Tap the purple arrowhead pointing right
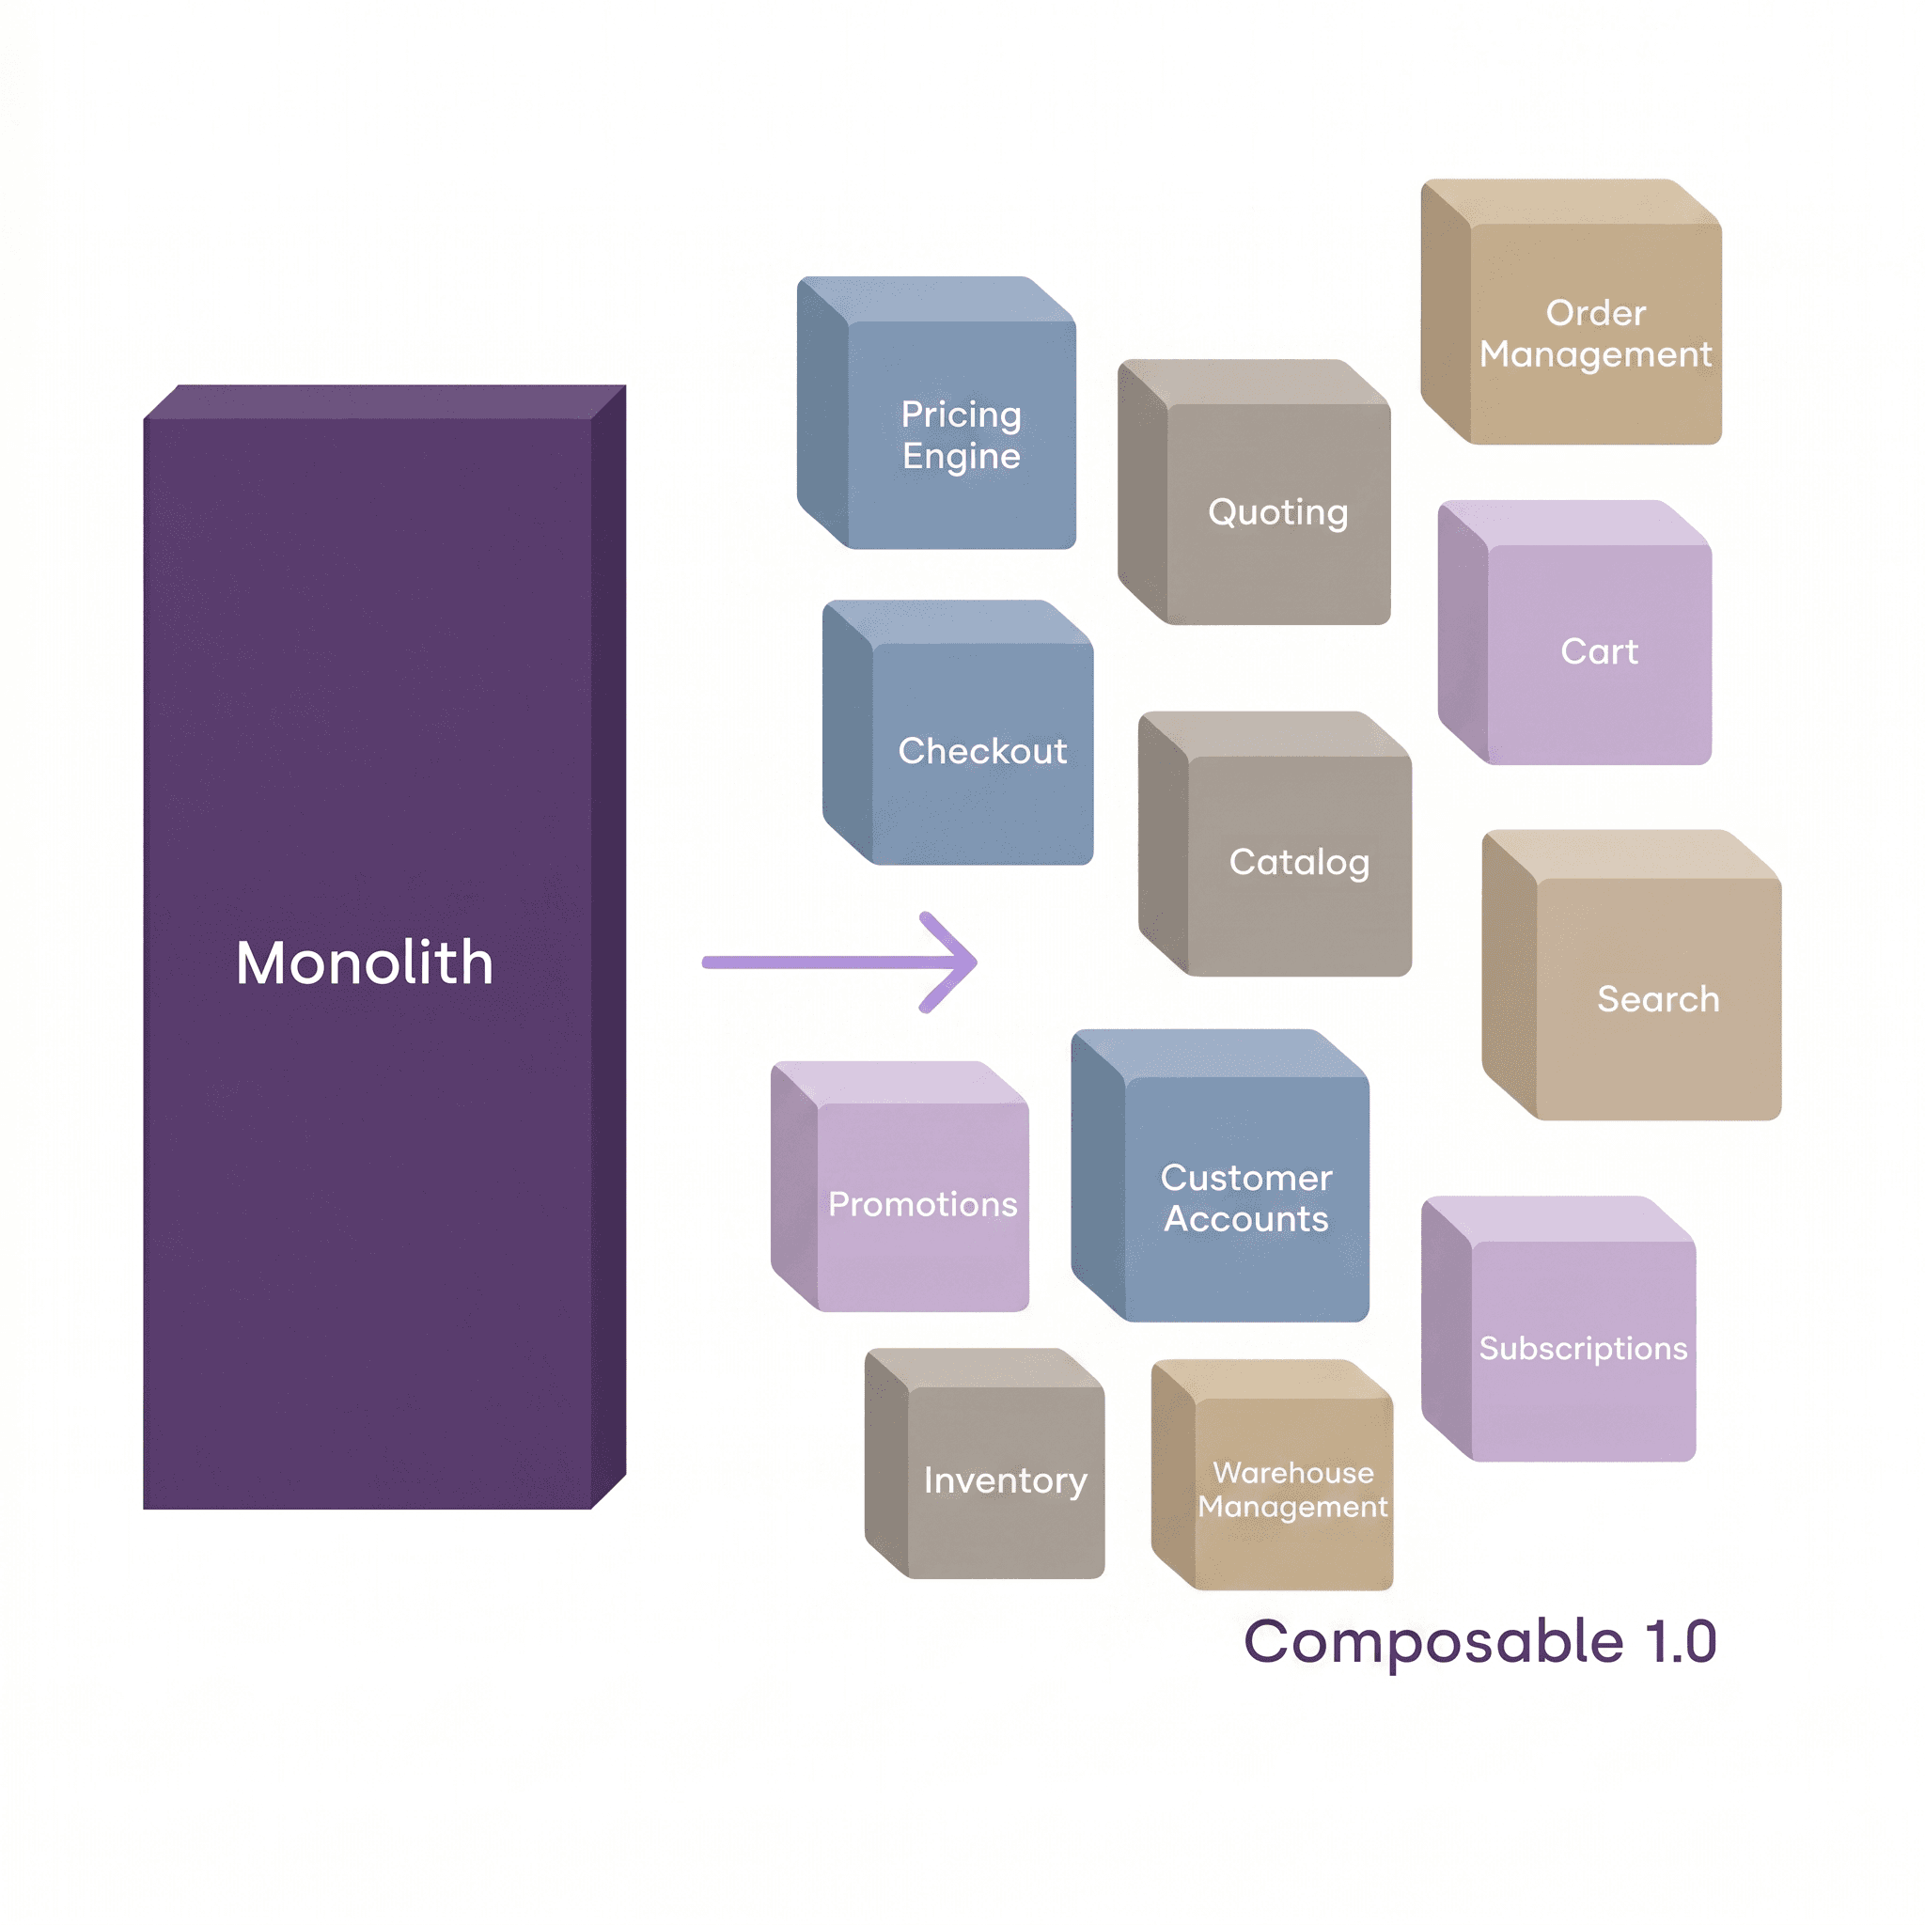click(x=947, y=962)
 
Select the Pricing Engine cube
click(x=936, y=413)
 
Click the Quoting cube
click(x=1255, y=493)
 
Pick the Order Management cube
click(x=1572, y=312)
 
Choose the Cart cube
click(x=1575, y=633)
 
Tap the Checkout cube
click(x=959, y=732)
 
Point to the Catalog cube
click(x=1276, y=844)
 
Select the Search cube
click(x=1632, y=976)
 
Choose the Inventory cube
click(x=985, y=1463)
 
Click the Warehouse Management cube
click(x=1273, y=1475)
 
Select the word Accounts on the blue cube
click(x=1246, y=1219)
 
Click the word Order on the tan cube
click(x=1596, y=313)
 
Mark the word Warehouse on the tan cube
click(x=1293, y=1473)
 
